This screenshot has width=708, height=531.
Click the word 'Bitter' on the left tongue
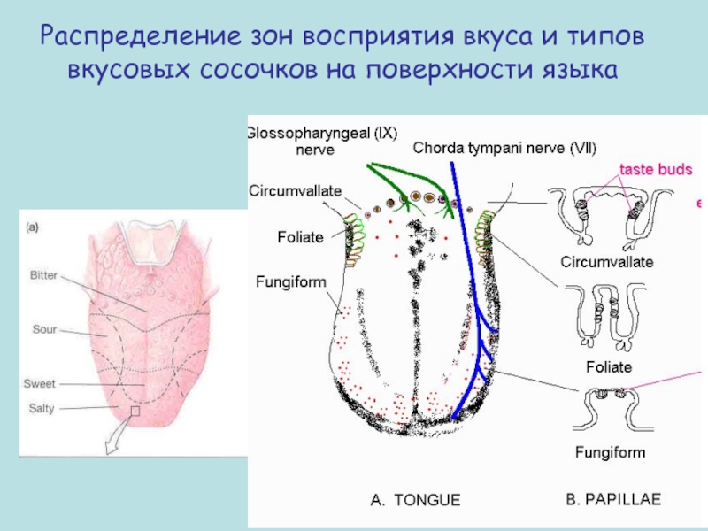[x=43, y=276]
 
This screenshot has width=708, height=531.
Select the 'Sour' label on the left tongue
[x=44, y=330]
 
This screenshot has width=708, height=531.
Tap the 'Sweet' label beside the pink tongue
[x=40, y=384]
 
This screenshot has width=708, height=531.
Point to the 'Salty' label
[x=40, y=407]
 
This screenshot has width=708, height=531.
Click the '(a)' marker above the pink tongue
[x=31, y=227]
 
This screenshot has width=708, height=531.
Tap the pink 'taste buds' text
[x=655, y=169]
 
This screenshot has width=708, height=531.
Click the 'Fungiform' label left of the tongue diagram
[x=291, y=282]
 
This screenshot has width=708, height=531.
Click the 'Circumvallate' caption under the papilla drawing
[x=607, y=262]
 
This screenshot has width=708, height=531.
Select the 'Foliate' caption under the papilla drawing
[x=609, y=366]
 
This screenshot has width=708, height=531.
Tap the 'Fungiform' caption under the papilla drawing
[x=611, y=452]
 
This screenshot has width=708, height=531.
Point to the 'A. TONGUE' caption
[x=414, y=500]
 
